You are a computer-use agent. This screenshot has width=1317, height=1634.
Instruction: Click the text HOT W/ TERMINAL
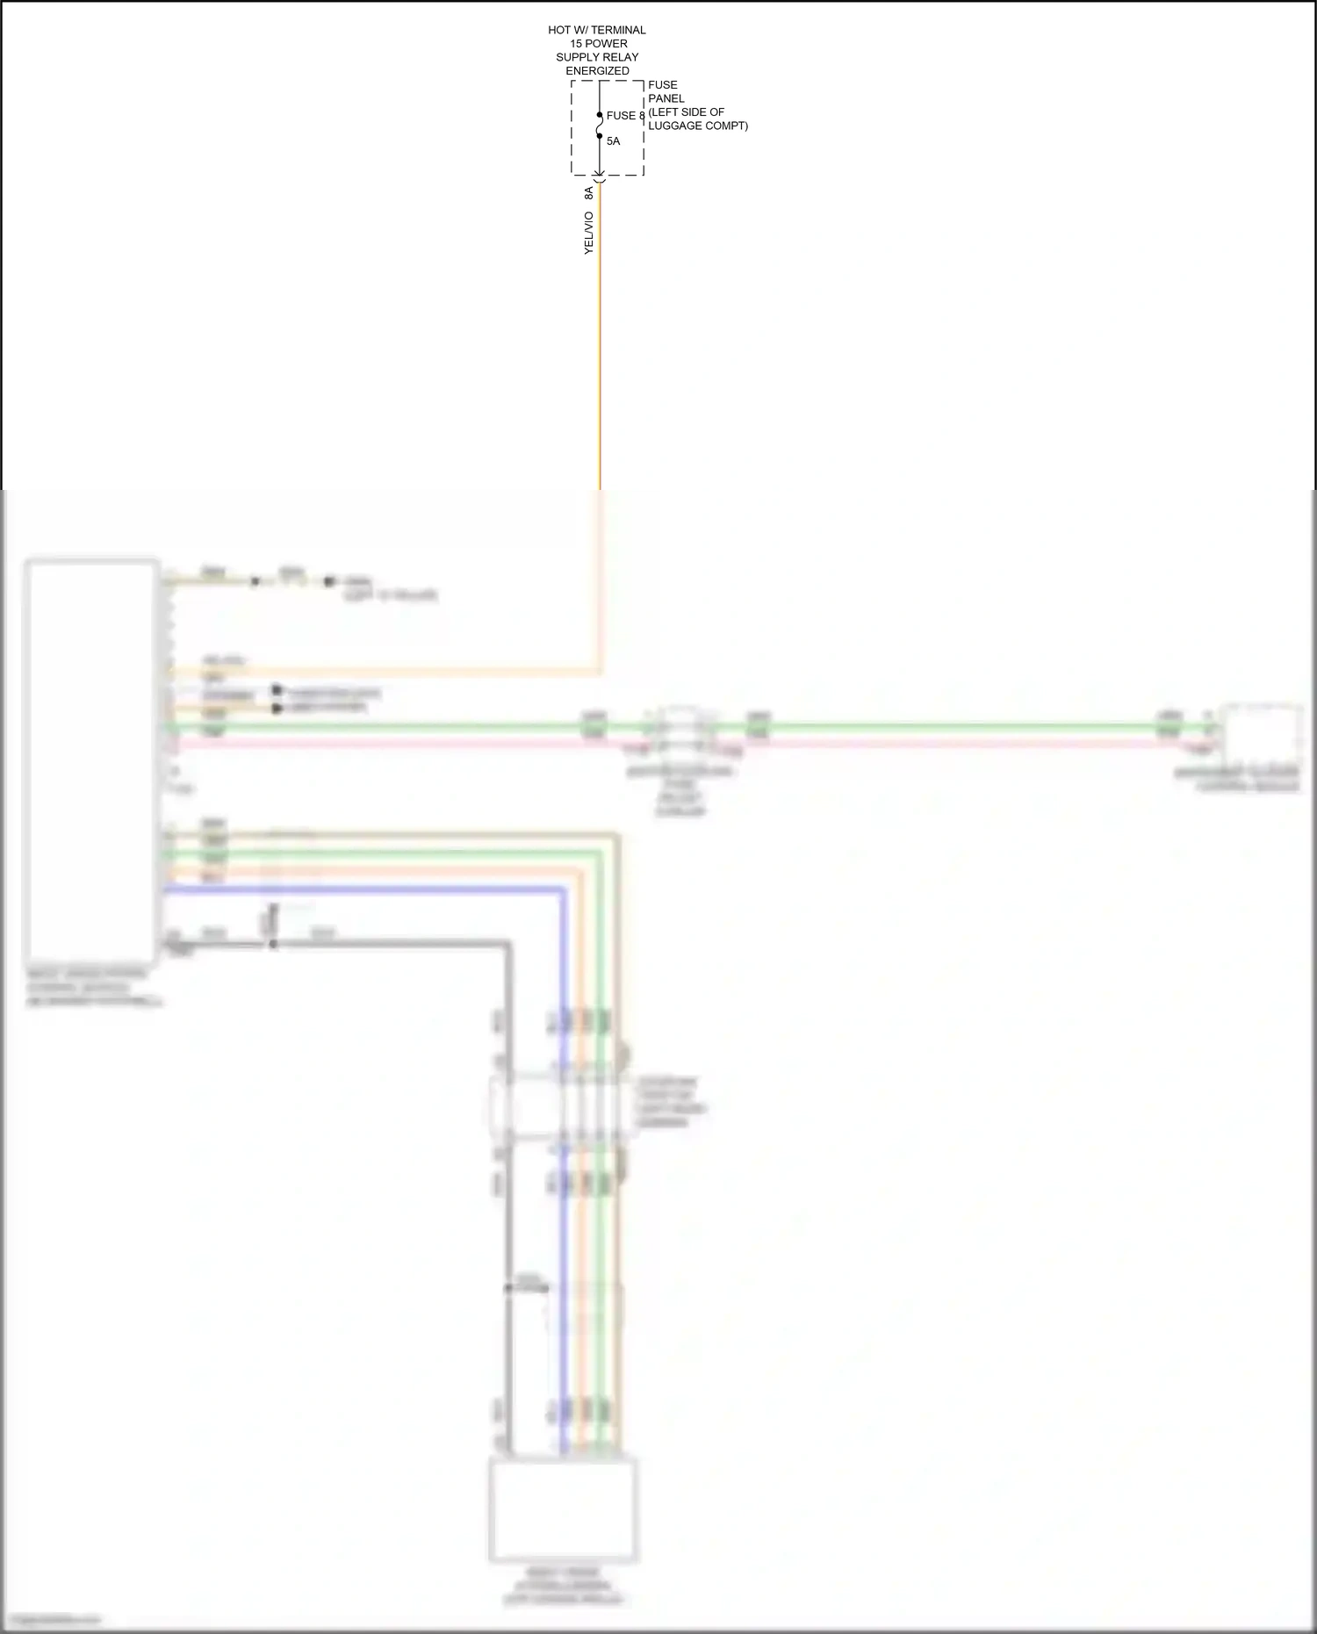point(597,30)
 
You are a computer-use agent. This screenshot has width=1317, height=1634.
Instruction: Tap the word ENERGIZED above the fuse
point(597,71)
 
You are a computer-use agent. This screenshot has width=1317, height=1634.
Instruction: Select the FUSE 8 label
point(625,116)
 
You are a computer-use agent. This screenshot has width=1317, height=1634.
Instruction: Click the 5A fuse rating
point(613,141)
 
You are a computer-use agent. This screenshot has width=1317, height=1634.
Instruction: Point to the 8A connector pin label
point(589,193)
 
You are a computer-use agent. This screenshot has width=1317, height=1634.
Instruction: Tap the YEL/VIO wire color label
point(589,234)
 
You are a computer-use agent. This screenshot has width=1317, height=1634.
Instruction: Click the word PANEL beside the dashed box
point(666,98)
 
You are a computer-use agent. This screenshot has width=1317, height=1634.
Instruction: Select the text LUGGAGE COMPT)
point(698,126)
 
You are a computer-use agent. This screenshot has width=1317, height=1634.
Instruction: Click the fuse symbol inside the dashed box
point(600,126)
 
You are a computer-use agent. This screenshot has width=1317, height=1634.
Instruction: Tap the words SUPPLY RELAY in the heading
point(597,57)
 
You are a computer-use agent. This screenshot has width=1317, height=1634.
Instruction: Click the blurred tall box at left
point(91,760)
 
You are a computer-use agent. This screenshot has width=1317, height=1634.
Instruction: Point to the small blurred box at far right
point(1263,734)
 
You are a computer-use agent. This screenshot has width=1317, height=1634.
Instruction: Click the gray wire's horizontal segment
point(395,944)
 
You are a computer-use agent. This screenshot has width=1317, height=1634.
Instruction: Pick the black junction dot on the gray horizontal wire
point(273,944)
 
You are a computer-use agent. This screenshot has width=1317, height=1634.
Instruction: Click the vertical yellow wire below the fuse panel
point(600,351)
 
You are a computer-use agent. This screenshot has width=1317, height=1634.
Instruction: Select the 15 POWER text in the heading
point(597,44)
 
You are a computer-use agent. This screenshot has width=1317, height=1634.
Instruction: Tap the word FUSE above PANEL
point(663,85)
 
